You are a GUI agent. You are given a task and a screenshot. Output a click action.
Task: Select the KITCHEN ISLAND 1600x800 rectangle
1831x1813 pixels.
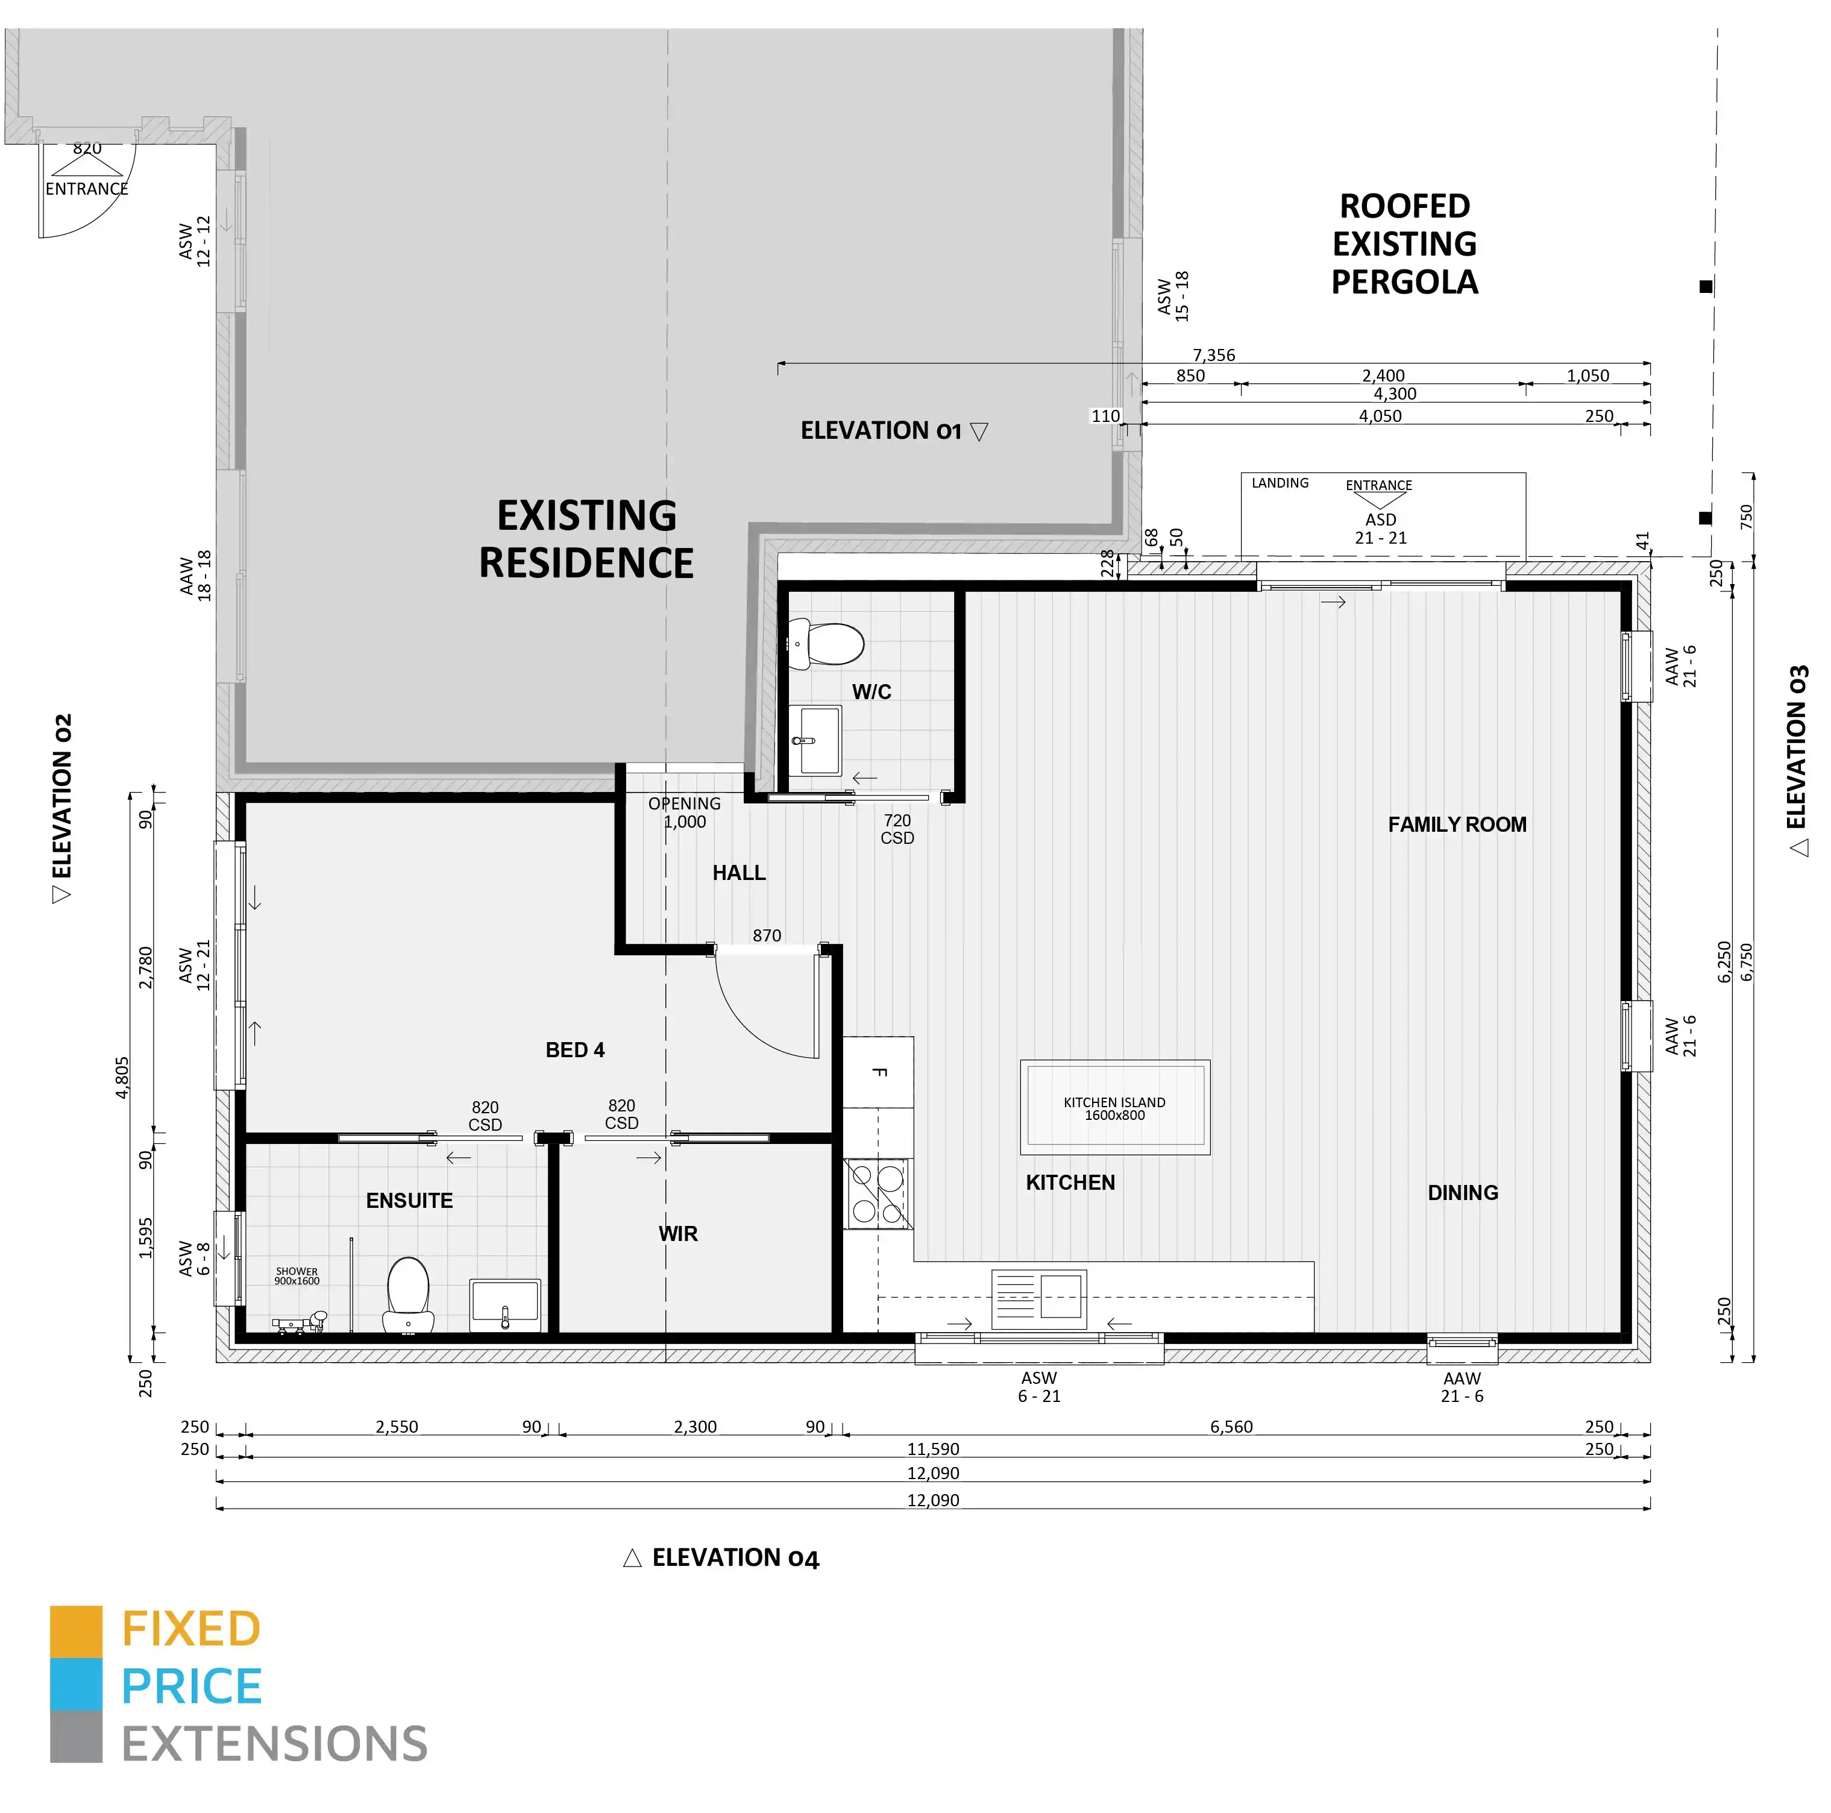click(x=1114, y=1107)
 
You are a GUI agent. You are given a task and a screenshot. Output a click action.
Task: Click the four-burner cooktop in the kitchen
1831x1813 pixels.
click(x=877, y=1194)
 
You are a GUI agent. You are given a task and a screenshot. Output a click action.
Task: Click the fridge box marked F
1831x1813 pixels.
click(x=879, y=1072)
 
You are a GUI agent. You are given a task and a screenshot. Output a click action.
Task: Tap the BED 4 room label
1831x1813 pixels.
click(x=574, y=1050)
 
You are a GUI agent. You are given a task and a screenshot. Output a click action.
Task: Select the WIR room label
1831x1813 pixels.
click(x=677, y=1234)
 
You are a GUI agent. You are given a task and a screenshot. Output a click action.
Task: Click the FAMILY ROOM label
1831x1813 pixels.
click(x=1457, y=825)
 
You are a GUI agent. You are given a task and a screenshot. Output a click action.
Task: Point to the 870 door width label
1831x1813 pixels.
click(x=767, y=935)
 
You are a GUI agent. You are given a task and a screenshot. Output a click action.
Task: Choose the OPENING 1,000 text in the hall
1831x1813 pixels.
click(x=684, y=812)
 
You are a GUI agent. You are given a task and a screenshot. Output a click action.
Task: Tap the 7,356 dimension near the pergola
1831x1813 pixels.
click(x=1213, y=356)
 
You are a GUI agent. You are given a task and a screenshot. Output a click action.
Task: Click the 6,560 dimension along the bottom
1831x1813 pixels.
click(x=1231, y=1426)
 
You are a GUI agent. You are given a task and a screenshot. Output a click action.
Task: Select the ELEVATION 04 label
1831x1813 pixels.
click(x=735, y=1558)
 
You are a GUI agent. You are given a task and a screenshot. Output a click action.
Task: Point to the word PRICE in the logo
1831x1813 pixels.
click(x=192, y=1687)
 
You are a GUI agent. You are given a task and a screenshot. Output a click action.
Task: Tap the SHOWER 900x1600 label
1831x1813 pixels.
click(x=297, y=1275)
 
